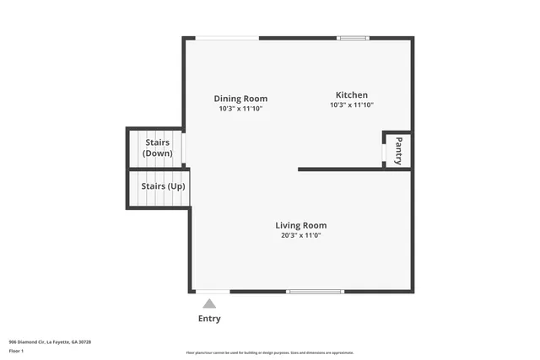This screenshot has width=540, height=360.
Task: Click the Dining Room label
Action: (x=240, y=98)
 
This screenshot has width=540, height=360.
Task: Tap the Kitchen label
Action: (x=351, y=94)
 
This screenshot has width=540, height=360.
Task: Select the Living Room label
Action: (x=300, y=225)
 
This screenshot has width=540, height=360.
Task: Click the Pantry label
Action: (x=399, y=150)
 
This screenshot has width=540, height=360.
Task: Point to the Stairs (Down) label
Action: (x=157, y=148)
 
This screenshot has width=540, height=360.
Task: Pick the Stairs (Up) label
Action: (x=163, y=185)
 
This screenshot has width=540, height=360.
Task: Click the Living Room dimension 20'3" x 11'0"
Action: (x=300, y=235)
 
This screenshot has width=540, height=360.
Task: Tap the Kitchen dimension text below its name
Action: (x=351, y=105)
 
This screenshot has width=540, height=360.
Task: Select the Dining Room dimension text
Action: (x=240, y=109)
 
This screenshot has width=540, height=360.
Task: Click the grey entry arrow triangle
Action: (x=208, y=303)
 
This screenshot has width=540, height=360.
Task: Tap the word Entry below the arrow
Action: (x=209, y=319)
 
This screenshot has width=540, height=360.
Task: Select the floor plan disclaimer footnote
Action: (x=270, y=352)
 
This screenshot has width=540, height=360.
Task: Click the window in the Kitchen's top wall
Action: (x=353, y=38)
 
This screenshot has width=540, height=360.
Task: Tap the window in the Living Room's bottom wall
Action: (x=315, y=292)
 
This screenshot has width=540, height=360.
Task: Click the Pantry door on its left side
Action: (x=384, y=151)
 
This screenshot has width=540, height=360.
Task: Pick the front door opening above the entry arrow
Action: (x=208, y=292)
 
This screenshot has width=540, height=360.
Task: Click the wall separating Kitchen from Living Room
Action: (x=354, y=169)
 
